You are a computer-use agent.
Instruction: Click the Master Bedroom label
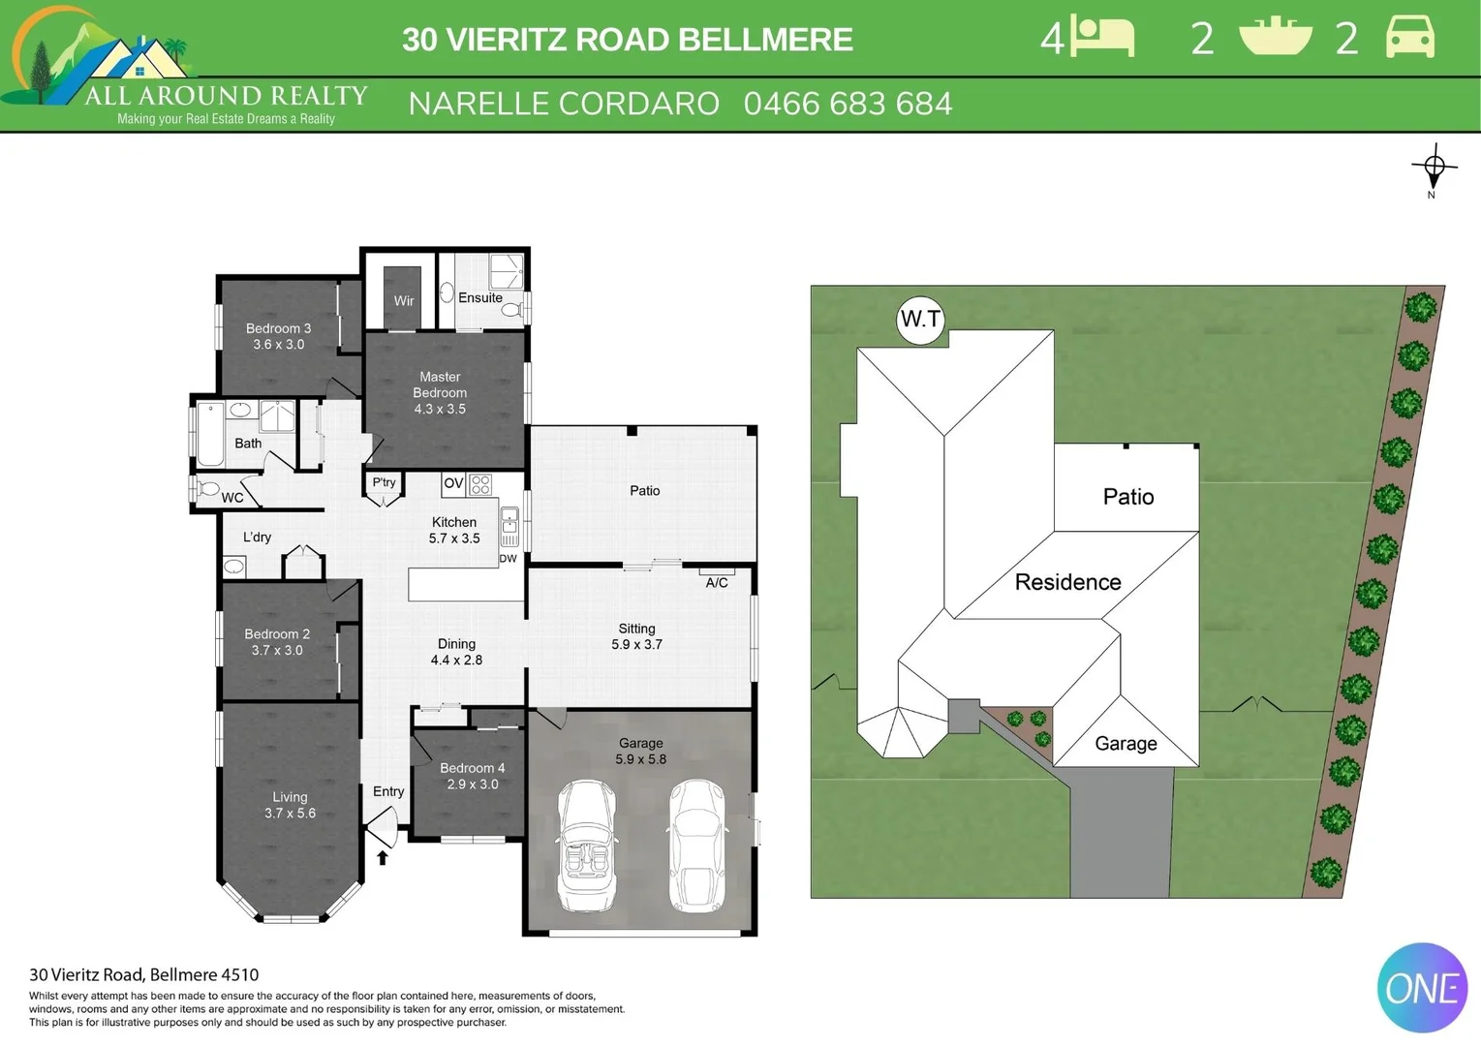pyautogui.click(x=440, y=385)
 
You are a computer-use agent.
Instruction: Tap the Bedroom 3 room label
pyautogui.click(x=278, y=328)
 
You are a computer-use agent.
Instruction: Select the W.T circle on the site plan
pyautogui.click(x=920, y=320)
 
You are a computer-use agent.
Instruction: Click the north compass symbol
pyautogui.click(x=1434, y=169)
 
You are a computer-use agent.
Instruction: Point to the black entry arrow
pyautogui.click(x=383, y=857)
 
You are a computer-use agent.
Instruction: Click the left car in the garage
pyautogui.click(x=587, y=846)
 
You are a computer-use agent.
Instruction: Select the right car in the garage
pyautogui.click(x=697, y=846)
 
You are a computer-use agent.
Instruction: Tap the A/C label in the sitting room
pyautogui.click(x=717, y=582)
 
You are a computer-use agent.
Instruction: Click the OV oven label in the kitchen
pyautogui.click(x=453, y=483)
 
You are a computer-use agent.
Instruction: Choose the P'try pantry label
pyautogui.click(x=384, y=482)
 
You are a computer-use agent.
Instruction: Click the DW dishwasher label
pyautogui.click(x=508, y=558)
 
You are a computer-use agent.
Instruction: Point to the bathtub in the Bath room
pyautogui.click(x=210, y=435)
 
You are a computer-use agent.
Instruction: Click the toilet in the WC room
pyautogui.click(x=207, y=488)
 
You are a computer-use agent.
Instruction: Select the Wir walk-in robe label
pyautogui.click(x=404, y=300)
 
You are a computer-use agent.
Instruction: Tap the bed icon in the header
pyautogui.click(x=1102, y=39)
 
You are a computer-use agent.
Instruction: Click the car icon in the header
pyautogui.click(x=1410, y=39)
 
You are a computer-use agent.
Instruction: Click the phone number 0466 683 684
pyautogui.click(x=848, y=104)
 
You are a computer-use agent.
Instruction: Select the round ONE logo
pyautogui.click(x=1422, y=988)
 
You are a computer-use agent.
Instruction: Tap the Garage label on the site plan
pyautogui.click(x=1126, y=743)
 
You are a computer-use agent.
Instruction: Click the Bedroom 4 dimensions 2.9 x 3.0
pyautogui.click(x=473, y=784)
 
